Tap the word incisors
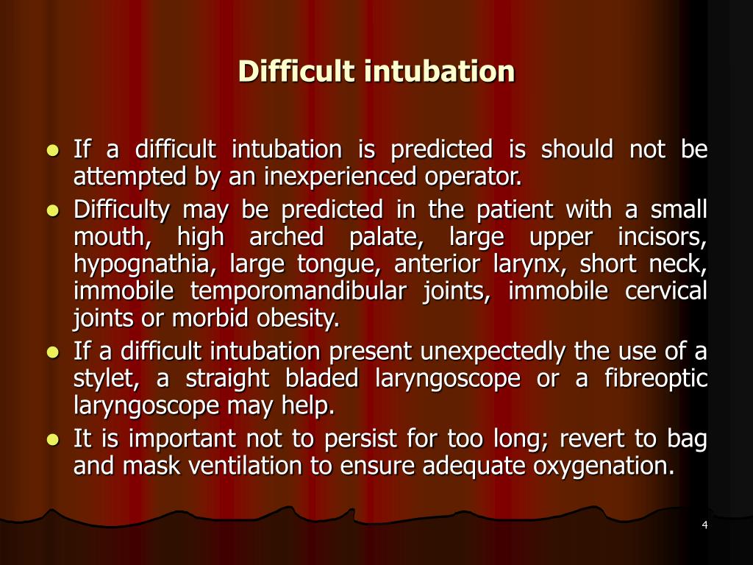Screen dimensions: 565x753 tap(671, 238)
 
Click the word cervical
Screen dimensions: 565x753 tap(666, 291)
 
